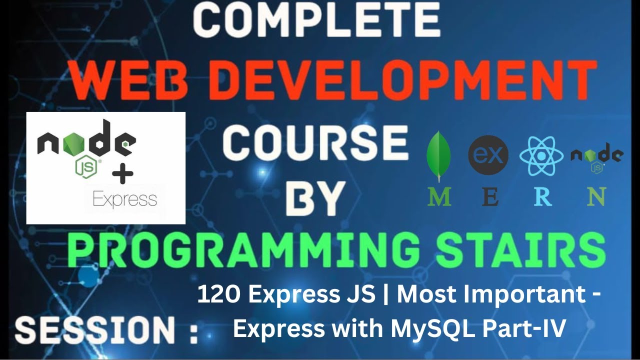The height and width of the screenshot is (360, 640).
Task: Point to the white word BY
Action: click(316, 198)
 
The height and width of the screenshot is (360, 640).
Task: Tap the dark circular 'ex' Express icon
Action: click(488, 155)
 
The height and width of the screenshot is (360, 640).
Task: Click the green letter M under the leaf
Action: click(439, 197)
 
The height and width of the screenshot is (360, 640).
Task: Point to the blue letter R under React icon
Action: click(542, 197)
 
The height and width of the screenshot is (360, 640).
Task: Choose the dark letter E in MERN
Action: click(490, 197)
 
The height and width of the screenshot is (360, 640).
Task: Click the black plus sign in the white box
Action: click(122, 175)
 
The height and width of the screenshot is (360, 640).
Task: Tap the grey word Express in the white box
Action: click(125, 199)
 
